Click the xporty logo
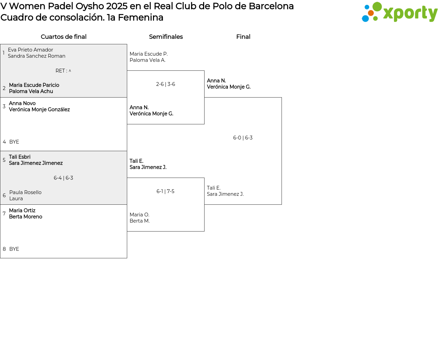(399, 12)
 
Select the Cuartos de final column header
(64, 37)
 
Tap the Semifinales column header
(166, 37)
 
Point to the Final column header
(243, 37)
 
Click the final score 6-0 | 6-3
(243, 138)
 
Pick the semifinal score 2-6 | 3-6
(165, 84)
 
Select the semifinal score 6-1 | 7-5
(165, 191)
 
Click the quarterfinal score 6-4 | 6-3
(63, 178)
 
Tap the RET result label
(63, 71)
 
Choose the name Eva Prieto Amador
(30, 50)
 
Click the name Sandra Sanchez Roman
(36, 56)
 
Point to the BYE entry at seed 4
(14, 142)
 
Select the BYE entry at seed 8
(14, 249)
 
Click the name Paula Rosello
(25, 192)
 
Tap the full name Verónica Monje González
(39, 110)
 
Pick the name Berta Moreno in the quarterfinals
(25, 217)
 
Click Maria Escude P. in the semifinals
(148, 54)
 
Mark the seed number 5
(4, 160)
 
